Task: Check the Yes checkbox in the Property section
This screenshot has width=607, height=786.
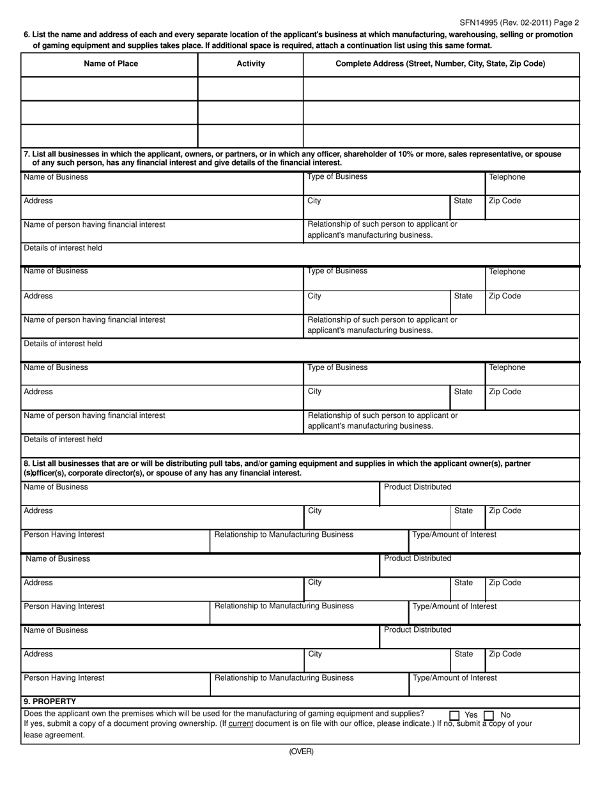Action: click(454, 715)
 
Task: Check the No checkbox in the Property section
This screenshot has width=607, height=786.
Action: click(489, 715)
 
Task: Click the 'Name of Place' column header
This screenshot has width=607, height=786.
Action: click(111, 64)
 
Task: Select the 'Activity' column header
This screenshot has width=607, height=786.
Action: click(250, 64)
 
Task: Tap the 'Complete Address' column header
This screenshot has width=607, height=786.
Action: click(440, 64)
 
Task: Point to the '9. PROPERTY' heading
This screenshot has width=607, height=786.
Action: click(50, 701)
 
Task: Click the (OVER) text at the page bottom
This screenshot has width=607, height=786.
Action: click(301, 752)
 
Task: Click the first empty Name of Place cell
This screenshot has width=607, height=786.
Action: click(109, 88)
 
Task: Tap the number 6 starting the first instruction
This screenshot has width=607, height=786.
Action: click(26, 35)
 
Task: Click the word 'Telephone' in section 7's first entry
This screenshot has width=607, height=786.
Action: click(507, 177)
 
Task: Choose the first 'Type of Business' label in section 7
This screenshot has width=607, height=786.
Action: click(337, 176)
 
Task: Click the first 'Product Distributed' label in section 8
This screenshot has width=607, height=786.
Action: click(417, 487)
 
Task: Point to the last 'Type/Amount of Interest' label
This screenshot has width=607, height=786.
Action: click(455, 677)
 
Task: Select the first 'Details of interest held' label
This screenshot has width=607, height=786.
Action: click(63, 247)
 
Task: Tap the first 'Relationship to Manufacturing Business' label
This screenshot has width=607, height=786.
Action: click(284, 534)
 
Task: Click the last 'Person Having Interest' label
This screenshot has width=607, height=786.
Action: click(64, 677)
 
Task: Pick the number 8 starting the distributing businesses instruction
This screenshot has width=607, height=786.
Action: click(26, 463)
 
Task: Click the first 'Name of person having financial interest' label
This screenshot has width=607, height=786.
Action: click(94, 224)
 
